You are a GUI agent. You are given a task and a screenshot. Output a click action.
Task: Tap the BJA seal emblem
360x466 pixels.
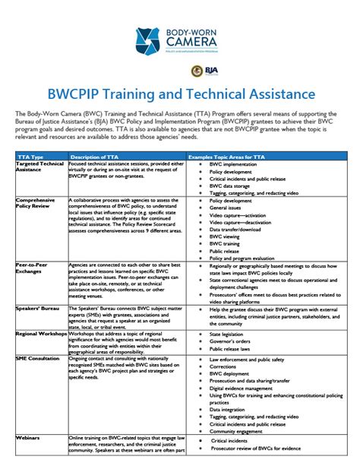point(196,71)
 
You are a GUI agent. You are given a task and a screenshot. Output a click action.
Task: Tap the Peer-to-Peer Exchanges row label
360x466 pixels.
point(35,268)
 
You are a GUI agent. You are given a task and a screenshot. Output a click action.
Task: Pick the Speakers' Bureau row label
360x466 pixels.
point(39,308)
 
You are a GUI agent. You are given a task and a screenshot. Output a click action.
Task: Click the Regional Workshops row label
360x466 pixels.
point(41,333)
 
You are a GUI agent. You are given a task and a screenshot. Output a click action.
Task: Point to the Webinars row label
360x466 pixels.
point(28,439)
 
